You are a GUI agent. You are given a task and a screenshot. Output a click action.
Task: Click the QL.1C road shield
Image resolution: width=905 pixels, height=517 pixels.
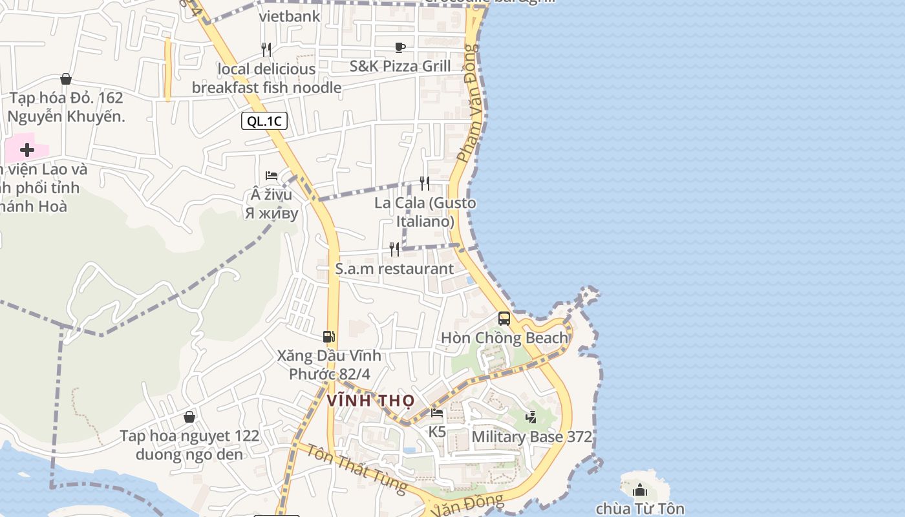[x=264, y=121]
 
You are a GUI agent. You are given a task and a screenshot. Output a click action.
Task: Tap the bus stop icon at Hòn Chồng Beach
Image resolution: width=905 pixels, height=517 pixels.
[x=504, y=318]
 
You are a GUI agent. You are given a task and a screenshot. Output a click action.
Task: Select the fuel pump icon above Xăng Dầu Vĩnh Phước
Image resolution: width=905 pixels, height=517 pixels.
[x=329, y=336]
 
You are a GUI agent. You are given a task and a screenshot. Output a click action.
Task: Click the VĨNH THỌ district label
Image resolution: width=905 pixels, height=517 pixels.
[x=370, y=401]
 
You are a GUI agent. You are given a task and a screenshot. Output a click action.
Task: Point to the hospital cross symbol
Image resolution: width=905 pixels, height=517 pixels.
[x=27, y=150]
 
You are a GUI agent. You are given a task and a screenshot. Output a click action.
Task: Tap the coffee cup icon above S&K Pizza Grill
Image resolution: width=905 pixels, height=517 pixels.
[x=399, y=47]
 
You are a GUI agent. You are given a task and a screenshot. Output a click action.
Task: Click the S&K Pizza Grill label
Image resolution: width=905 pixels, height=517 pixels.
[x=400, y=66]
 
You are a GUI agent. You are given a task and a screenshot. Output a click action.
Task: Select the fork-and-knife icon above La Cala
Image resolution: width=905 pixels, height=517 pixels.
[x=425, y=184]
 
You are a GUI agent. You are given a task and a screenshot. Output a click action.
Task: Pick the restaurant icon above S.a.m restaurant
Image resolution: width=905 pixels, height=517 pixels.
[x=394, y=249]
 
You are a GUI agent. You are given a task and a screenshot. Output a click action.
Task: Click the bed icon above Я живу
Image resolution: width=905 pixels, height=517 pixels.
[x=271, y=176]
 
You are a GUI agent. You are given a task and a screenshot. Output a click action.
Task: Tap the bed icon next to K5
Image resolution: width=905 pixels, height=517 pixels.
[x=438, y=413]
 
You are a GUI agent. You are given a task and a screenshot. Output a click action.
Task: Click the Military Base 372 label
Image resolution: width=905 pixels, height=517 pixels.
[x=531, y=437]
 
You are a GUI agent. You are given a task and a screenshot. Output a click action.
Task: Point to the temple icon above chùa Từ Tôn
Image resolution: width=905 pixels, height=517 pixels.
[x=640, y=490]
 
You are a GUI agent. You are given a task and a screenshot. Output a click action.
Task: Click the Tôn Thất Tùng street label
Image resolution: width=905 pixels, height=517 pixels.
[x=356, y=468]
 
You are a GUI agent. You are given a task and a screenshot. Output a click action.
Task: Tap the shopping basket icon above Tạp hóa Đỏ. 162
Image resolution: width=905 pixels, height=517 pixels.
[x=66, y=79]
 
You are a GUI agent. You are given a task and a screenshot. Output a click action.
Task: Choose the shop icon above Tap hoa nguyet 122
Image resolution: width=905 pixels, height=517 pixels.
[x=189, y=417]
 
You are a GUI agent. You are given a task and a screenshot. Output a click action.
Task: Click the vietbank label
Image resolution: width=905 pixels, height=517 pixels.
[x=290, y=16]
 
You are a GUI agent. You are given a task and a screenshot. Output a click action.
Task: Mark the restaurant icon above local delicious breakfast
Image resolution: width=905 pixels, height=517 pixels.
[x=266, y=49]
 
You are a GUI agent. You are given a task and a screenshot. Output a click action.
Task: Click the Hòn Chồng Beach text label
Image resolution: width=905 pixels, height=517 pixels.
[x=504, y=338]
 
